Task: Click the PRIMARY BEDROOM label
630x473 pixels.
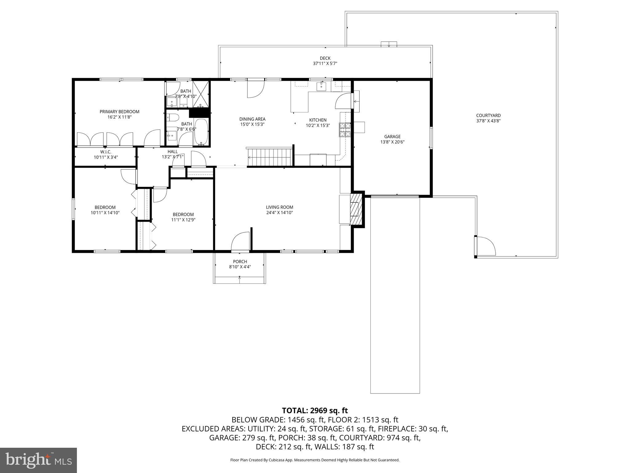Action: pos(119,111)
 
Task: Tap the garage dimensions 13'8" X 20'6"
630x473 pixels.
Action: pos(393,142)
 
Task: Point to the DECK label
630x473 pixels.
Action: pos(325,58)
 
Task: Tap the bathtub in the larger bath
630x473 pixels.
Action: pos(201,132)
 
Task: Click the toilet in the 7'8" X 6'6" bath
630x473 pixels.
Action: pos(173,117)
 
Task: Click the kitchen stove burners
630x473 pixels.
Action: pos(345,129)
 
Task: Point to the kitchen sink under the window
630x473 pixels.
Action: pos(321,87)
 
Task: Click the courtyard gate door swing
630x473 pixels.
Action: pos(485,246)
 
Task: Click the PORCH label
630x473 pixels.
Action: pos(240,261)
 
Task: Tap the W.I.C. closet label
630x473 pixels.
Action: pos(106,152)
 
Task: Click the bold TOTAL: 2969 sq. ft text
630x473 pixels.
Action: pos(315,410)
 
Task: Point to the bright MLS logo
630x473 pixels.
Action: pos(38,460)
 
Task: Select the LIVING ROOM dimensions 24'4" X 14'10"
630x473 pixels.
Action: pos(279,212)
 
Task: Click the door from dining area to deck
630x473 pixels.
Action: pos(255,89)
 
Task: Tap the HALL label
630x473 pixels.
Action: pos(173,152)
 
